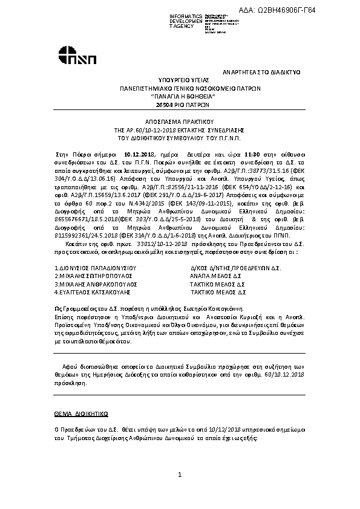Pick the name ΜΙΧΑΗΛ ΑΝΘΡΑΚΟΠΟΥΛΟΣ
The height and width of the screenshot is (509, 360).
(92, 283)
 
